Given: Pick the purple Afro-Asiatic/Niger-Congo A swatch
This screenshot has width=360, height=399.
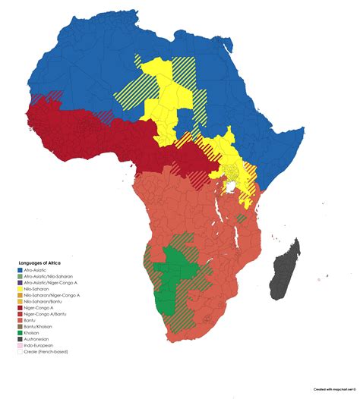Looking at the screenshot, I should click(20, 282).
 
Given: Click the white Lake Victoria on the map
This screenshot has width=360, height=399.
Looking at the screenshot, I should click(229, 184).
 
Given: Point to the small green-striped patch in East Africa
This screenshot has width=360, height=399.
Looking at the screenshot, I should click(241, 218).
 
